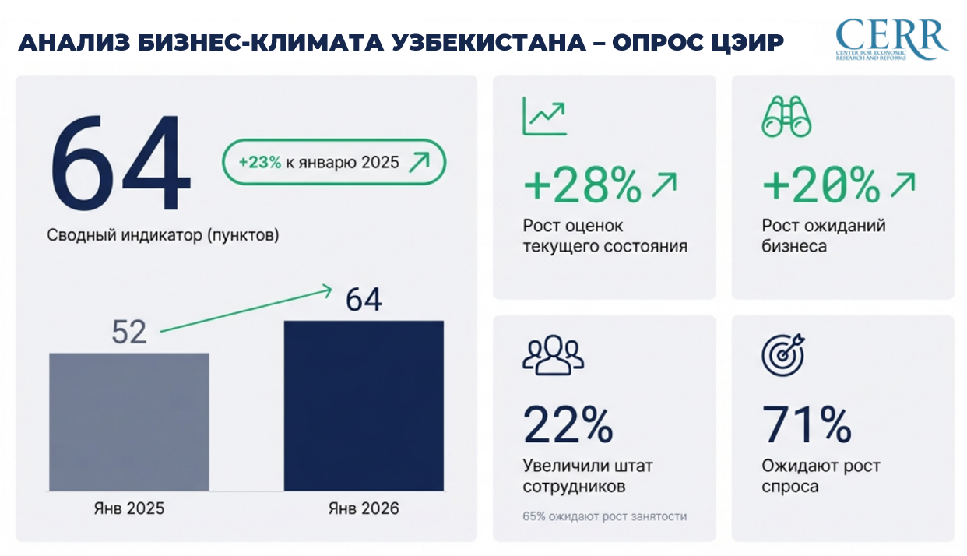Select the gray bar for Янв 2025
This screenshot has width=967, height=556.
tap(129, 421)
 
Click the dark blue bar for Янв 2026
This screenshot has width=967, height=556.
tap(364, 406)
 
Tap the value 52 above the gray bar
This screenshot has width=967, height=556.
tap(129, 333)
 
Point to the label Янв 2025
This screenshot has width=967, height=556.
tap(129, 508)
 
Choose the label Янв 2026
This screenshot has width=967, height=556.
tap(364, 508)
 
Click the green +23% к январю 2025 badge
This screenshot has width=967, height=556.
tap(334, 163)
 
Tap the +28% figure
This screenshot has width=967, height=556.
tap(582, 186)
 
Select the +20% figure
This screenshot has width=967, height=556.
tap(821, 186)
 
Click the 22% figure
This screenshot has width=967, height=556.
tap(568, 424)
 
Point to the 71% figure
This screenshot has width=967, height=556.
tap(807, 424)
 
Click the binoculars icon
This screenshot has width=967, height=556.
tap(786, 117)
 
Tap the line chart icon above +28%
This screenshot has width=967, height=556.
tap(544, 116)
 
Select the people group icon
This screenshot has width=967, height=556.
tap(553, 354)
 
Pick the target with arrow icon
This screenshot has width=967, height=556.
tap(783, 354)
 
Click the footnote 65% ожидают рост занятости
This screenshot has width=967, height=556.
tap(604, 516)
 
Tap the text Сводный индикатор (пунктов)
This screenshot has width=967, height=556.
tap(163, 235)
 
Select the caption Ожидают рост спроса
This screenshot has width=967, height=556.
tap(821, 476)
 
